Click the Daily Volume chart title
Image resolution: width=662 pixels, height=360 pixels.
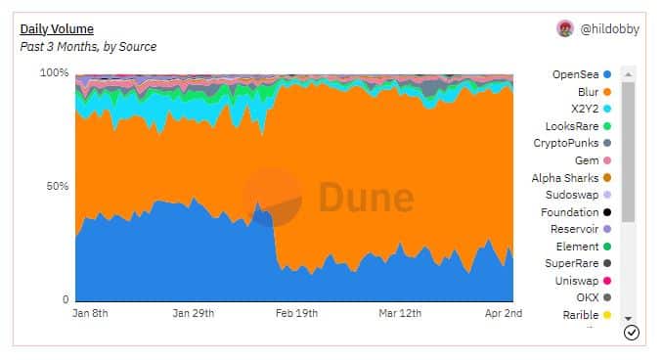coord(57,29)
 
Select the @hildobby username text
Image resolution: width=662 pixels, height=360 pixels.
coord(609,29)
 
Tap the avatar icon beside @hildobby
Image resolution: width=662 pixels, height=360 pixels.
coord(565,29)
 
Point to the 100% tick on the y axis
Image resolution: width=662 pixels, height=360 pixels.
coord(54,72)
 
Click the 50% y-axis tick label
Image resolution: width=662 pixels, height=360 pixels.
coord(57,186)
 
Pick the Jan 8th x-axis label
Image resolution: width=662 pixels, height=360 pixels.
coord(90,313)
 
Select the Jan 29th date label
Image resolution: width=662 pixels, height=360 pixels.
coord(194,313)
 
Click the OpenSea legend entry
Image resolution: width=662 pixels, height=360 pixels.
coord(582,74)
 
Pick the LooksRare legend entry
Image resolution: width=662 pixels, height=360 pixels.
coord(578,126)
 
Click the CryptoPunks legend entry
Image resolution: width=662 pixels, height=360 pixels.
coord(572,143)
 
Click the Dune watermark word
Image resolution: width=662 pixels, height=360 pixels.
coord(366,197)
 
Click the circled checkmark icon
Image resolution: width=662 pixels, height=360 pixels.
coord(632,333)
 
